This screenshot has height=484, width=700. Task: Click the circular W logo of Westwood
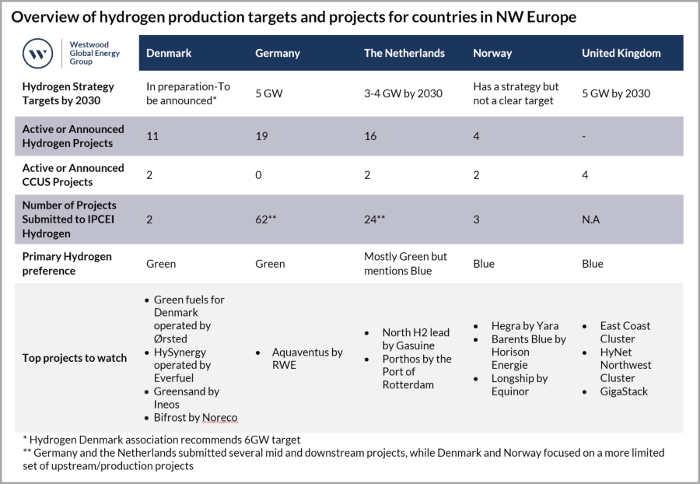click(37, 53)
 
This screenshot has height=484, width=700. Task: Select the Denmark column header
click(169, 53)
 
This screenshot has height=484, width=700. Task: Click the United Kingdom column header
click(621, 53)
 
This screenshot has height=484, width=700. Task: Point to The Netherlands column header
click(404, 53)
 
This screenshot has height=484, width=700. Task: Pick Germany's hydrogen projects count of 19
click(262, 136)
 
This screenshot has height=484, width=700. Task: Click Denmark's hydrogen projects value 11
click(152, 136)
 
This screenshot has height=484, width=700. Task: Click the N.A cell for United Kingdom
click(592, 219)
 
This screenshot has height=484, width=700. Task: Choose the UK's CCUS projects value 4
click(586, 175)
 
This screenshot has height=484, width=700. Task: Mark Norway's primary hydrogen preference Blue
click(484, 263)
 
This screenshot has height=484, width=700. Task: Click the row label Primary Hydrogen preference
click(66, 263)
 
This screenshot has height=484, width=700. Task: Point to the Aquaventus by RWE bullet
click(306, 359)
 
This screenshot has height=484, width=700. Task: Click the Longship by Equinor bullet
click(519, 385)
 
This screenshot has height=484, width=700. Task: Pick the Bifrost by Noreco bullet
click(195, 418)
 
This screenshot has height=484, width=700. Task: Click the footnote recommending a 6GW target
click(156, 440)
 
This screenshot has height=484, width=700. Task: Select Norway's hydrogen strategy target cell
click(516, 93)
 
